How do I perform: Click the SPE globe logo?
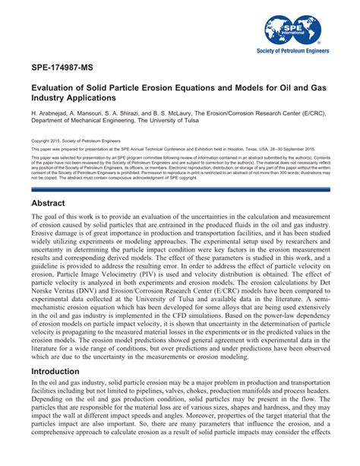tap(290, 29)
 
